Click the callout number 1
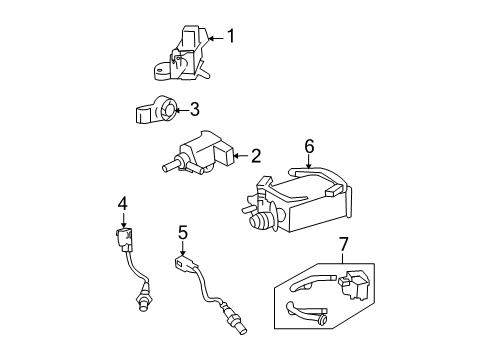[231, 36]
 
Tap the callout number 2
[256, 156]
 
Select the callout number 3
[194, 109]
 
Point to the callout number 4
[123, 203]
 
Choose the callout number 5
[183, 232]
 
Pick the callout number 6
[309, 146]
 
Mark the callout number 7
[343, 244]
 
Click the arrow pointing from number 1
[216, 39]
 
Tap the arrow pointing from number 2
[240, 155]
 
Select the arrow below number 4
[124, 221]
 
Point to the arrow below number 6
[309, 162]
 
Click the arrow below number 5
[182, 249]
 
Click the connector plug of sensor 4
[125, 239]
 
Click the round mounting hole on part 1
[160, 71]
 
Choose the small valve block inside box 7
[354, 284]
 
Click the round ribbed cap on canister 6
[261, 221]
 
